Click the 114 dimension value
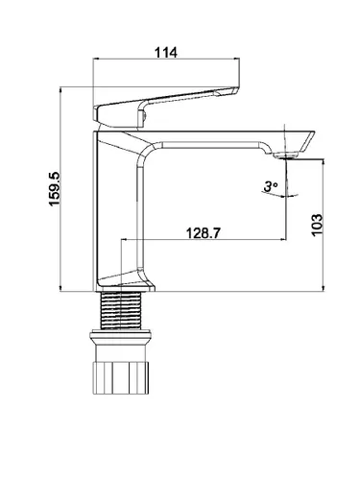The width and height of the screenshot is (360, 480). [x=166, y=53]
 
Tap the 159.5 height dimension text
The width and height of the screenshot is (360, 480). [x=55, y=189]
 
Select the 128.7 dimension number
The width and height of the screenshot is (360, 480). [x=204, y=233]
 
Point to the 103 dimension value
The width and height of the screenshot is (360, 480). [x=317, y=225]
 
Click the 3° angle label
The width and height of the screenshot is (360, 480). [x=271, y=186]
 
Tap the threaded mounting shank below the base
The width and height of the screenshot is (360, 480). [x=121, y=310]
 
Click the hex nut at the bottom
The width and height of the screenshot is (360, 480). [x=121, y=377]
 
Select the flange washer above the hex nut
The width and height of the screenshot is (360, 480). [x=120, y=337]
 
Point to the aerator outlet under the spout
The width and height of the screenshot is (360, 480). [x=286, y=156]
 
